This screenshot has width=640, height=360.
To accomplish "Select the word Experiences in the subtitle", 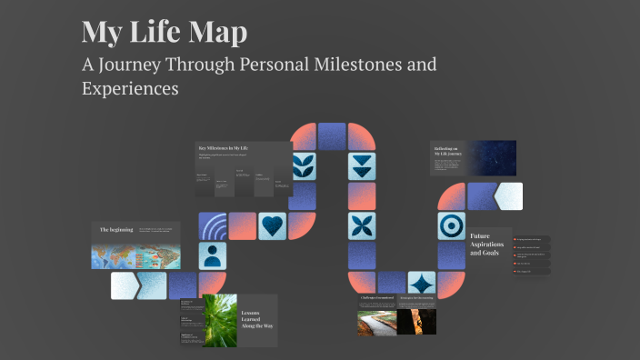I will point(130,89).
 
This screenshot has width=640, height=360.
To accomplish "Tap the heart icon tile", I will point(272,225).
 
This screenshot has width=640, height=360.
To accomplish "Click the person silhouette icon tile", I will point(213,255).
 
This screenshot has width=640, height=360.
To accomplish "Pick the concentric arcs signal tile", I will point(213,225).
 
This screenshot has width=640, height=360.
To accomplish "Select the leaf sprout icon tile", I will point(303,166).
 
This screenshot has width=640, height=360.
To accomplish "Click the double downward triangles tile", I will point(362,166).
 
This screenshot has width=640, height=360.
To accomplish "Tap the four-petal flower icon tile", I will point(362,225).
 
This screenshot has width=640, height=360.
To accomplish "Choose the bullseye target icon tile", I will point(451,225).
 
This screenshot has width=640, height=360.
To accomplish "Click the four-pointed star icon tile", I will point(421,285).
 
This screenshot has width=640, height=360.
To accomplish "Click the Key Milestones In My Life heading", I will point(223,147).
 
